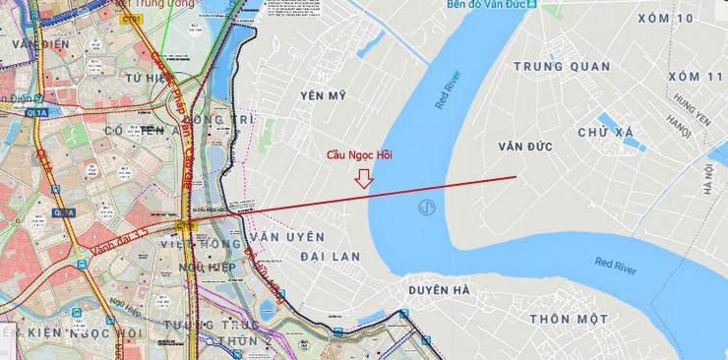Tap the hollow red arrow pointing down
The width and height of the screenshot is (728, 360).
pos(364,178)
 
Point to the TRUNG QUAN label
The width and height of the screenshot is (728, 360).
pos(562,67)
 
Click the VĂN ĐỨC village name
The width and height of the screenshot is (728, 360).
pos(525,147)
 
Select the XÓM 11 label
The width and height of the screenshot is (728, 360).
pos(695,77)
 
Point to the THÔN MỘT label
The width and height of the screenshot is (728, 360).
pos(569,320)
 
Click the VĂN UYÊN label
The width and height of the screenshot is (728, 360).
pos(287,237)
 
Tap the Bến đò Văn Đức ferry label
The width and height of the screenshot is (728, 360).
pos(476,5)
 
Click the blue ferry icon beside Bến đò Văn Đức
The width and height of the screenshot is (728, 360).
pos(531,5)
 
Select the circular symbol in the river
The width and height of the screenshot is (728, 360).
pos(427,208)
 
